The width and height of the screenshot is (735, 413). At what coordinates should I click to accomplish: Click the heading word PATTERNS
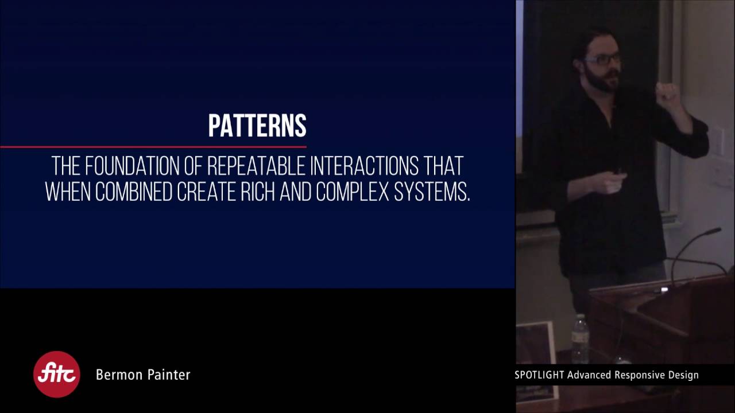(257, 126)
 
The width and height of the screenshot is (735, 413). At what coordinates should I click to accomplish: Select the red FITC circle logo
(56, 375)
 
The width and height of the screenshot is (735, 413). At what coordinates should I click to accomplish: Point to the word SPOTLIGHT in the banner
(539, 376)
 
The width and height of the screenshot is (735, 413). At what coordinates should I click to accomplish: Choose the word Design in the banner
(683, 376)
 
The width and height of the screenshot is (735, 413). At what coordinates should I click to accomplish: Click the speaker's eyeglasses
(603, 59)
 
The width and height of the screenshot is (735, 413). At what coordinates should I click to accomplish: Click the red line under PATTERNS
(153, 147)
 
